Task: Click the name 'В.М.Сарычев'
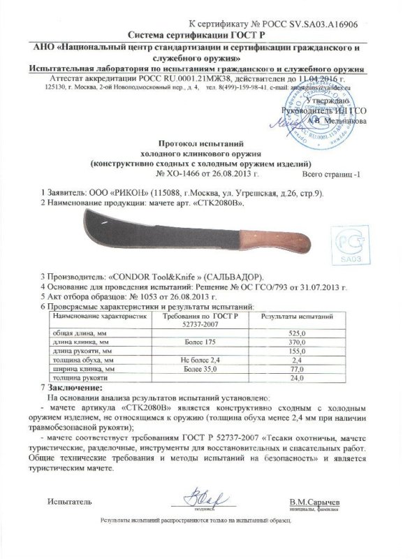tap(316, 502)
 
